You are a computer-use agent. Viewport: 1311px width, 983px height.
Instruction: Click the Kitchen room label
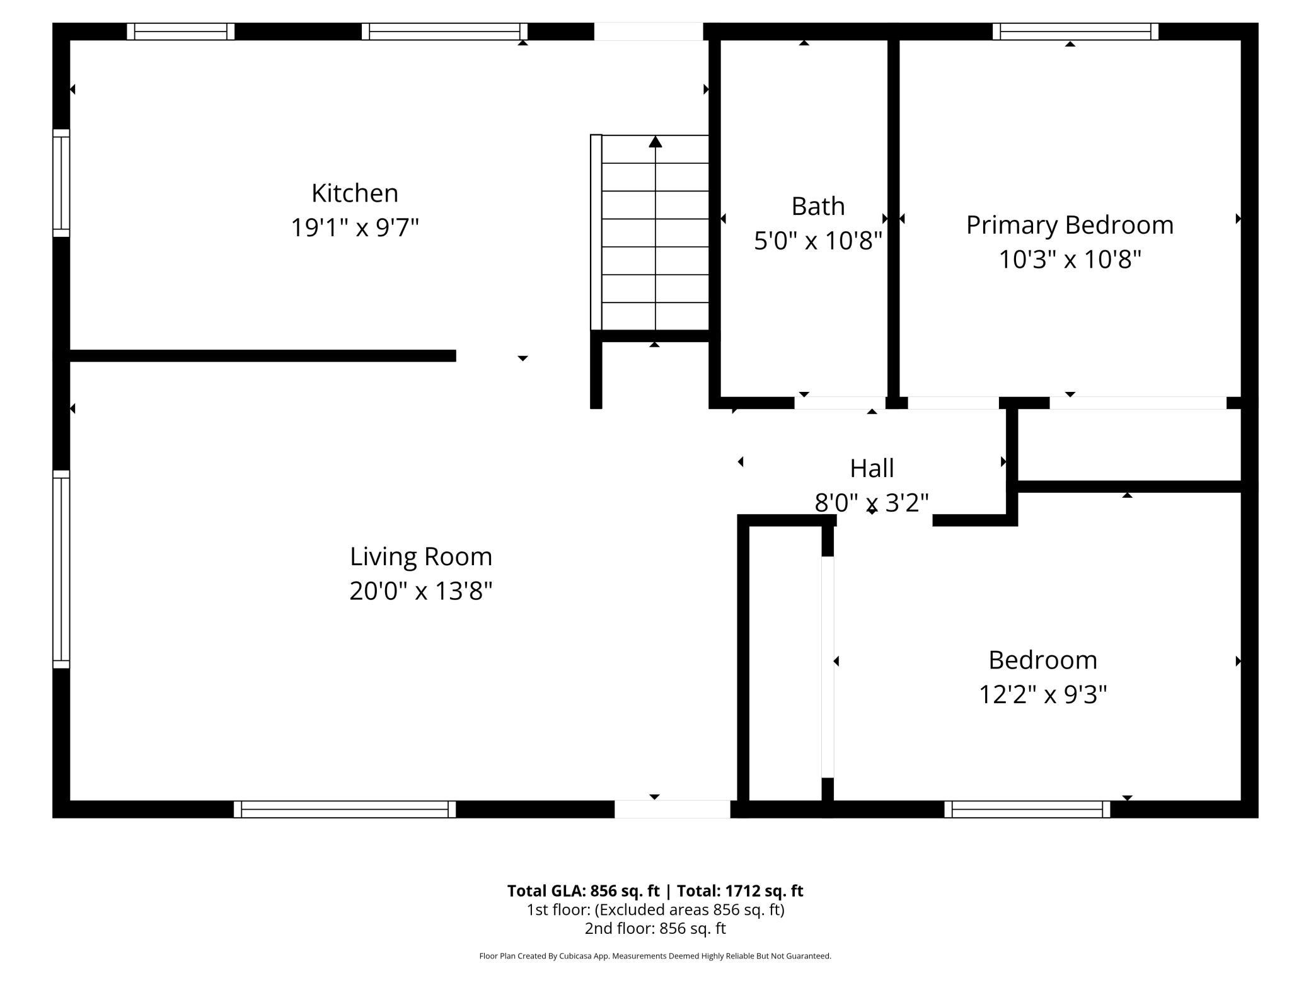point(355,193)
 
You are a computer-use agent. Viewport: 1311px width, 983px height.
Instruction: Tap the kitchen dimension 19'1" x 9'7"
point(355,227)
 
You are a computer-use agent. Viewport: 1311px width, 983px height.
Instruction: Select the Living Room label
point(421,556)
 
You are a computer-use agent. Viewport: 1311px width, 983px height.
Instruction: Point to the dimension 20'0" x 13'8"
point(421,591)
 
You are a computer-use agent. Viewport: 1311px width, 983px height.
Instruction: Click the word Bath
point(817,206)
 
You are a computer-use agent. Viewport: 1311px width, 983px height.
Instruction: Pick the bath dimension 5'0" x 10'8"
point(817,241)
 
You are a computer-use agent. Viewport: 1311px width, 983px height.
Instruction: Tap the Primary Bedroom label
point(1070,225)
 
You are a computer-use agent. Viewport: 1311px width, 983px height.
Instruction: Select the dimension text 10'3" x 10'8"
point(1070,260)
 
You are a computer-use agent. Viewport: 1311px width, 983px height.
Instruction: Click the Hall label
point(872,468)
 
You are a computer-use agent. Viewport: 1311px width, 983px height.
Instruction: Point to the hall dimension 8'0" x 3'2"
point(872,503)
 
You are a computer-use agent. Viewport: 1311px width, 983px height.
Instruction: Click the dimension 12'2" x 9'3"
point(1042,695)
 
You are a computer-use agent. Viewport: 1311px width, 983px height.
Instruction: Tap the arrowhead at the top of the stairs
point(655,142)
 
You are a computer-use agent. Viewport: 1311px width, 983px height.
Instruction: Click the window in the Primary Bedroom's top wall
point(1075,32)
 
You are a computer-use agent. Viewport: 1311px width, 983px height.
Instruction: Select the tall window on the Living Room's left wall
point(61,569)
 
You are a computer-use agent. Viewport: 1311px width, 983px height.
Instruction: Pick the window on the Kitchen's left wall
point(61,183)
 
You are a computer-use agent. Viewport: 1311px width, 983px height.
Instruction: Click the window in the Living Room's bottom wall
point(345,809)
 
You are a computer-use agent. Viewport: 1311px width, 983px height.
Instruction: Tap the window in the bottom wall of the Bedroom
point(1027,809)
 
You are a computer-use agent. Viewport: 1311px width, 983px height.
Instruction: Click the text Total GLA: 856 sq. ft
point(583,891)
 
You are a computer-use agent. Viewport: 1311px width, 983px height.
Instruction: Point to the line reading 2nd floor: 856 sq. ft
point(655,928)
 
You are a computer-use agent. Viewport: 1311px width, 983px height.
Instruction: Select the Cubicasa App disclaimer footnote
point(655,956)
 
